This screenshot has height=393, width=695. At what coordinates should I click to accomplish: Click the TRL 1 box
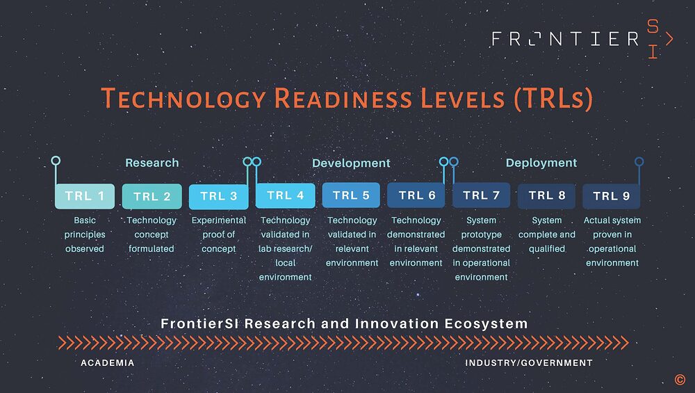tap(85, 196)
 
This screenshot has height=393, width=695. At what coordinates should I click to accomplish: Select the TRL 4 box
tap(285, 195)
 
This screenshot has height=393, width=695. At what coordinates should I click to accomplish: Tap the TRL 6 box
tap(416, 195)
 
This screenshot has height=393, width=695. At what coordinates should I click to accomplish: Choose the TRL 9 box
tap(611, 196)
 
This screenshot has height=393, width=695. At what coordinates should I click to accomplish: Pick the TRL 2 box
tap(152, 196)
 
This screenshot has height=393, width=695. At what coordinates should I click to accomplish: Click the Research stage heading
tap(152, 163)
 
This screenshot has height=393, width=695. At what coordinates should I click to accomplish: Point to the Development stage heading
tap(351, 163)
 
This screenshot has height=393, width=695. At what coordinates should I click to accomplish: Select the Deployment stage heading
tap(541, 163)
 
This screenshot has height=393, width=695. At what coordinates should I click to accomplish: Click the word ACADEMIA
tap(108, 363)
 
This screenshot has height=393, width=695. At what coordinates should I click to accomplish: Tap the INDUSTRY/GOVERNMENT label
tap(529, 363)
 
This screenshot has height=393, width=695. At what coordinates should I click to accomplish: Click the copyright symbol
tap(679, 379)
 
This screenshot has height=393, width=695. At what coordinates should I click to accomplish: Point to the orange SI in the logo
tap(653, 39)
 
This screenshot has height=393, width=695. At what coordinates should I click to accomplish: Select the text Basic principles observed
tap(85, 234)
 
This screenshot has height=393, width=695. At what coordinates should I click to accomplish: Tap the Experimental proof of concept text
tap(218, 234)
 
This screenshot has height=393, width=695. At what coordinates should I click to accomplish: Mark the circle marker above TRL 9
tap(639, 161)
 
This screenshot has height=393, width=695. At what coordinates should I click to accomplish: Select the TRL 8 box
tap(547, 195)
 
